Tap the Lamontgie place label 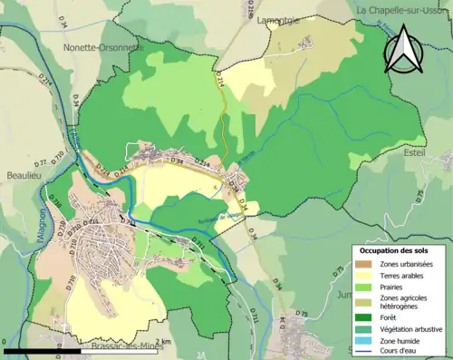click(278, 19)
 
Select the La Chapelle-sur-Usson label click(402, 10)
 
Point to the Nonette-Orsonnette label click(103, 47)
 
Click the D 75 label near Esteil click(303, 314)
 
